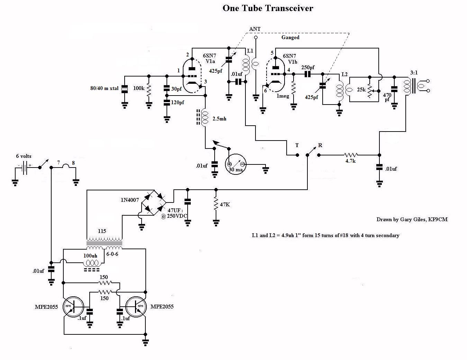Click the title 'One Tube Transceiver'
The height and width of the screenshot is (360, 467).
point(268,8)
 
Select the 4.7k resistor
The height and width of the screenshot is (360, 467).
point(351,155)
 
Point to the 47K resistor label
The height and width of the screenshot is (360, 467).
point(224,205)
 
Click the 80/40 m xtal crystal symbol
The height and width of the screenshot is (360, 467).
point(124,89)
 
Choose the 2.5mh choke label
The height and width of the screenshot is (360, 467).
point(219,119)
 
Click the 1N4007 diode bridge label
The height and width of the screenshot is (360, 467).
point(130,200)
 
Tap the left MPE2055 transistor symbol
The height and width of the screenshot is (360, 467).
point(73,307)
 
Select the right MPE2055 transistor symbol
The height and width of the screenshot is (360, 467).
point(136,307)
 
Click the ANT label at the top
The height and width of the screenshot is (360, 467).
point(255,29)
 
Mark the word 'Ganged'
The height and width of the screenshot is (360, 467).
point(290,37)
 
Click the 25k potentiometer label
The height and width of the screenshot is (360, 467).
point(361,89)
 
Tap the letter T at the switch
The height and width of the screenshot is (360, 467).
point(297,145)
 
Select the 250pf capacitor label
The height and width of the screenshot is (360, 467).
point(308,67)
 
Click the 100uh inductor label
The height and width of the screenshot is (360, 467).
point(90,256)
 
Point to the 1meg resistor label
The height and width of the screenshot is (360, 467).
point(282,96)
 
